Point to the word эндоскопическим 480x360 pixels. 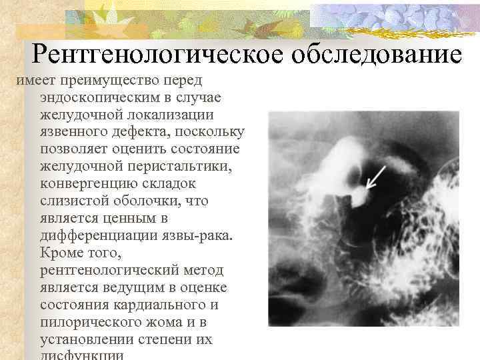(x=99, y=97)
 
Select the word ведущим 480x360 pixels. (x=127, y=287)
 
